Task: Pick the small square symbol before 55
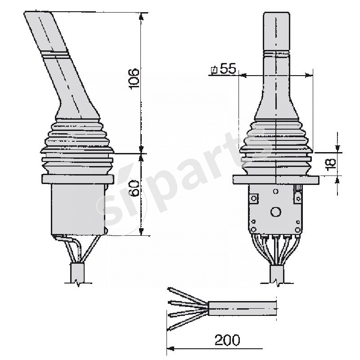tap(214, 70)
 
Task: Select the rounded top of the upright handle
tap(275, 16)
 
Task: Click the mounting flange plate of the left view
tap(77, 179)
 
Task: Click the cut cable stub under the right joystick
tap(276, 273)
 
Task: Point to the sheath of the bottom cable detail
tap(243, 309)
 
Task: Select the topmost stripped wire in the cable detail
tap(184, 293)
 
